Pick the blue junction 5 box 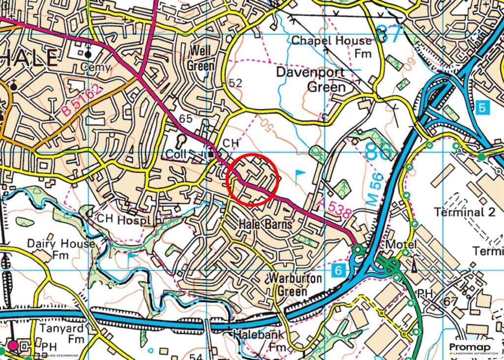483,106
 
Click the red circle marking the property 253,179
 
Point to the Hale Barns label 265,224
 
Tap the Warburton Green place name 294,284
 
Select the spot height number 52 236,83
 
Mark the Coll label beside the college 176,154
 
